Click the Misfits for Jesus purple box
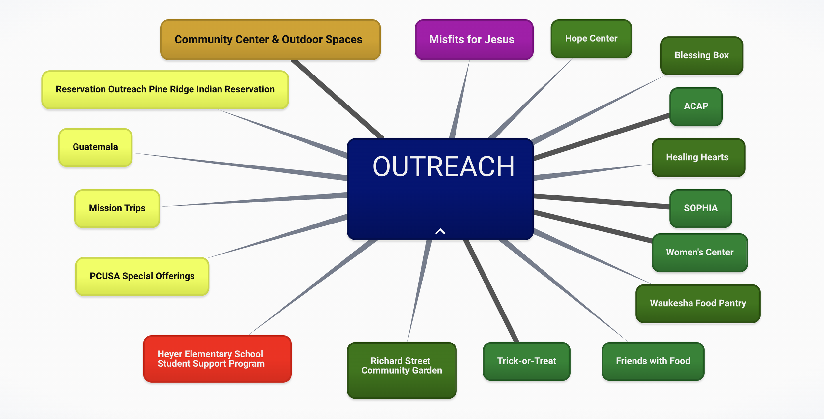tap(474, 40)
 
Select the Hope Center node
tap(591, 39)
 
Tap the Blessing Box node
tap(701, 55)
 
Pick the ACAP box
tap(696, 106)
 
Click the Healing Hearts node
tap(698, 157)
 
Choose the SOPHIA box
tap(700, 208)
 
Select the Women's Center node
tap(699, 252)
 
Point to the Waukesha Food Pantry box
tap(698, 303)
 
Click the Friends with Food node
tap(653, 361)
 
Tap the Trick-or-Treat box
tap(526, 361)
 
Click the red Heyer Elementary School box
tap(217, 359)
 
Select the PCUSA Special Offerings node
tap(142, 276)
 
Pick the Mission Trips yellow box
tap(117, 208)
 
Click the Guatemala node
tap(95, 147)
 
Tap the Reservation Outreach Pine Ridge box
tap(165, 89)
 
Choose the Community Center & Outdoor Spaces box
tap(270, 40)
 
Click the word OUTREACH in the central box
tap(443, 167)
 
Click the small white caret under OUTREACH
tap(440, 231)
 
